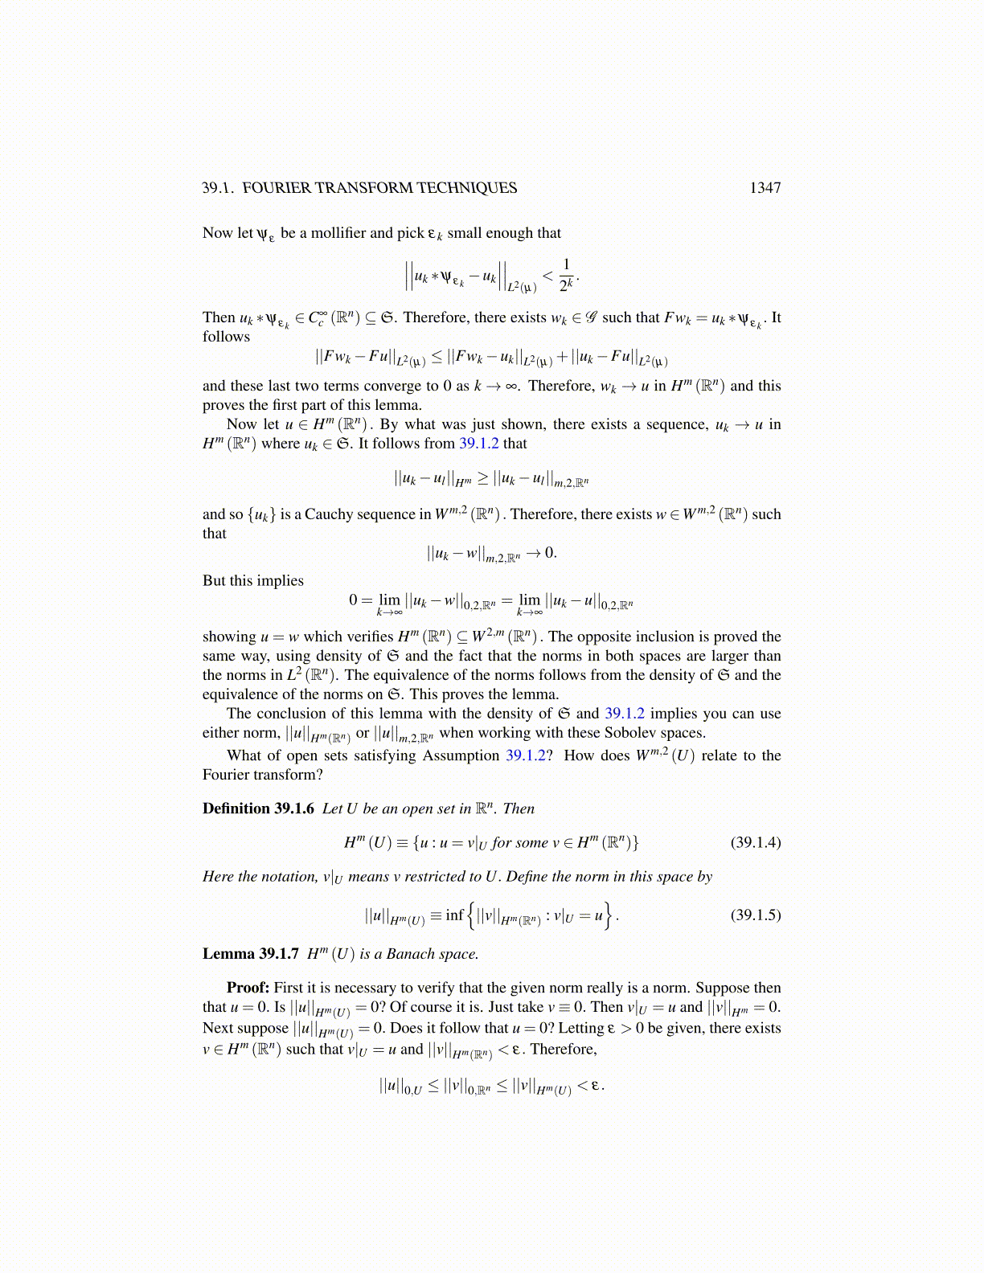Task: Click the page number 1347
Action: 765,188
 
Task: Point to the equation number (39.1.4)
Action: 755,842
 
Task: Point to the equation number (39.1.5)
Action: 755,915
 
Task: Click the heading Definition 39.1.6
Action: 258,808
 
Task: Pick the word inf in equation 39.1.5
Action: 454,915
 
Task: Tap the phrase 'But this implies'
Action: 252,580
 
